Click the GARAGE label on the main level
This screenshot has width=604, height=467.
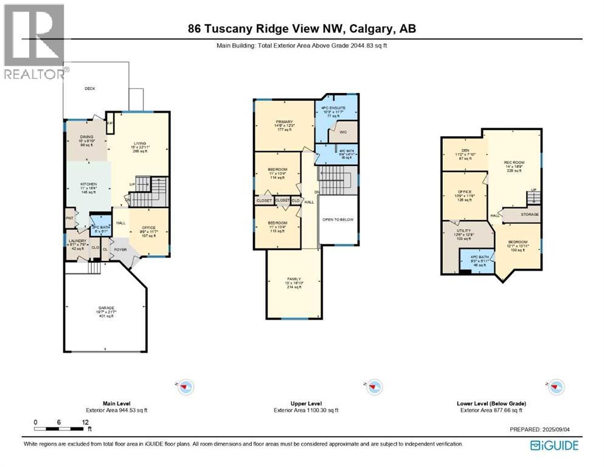[106, 308]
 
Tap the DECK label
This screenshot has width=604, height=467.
[89, 89]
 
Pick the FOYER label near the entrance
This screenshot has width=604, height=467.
[120, 249]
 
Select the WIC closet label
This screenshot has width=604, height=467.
[343, 132]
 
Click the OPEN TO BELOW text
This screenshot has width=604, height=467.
[338, 220]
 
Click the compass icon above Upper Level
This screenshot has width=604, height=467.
[373, 386]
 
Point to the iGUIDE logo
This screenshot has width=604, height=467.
[554, 446]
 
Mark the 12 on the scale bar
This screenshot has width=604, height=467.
[85, 421]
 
